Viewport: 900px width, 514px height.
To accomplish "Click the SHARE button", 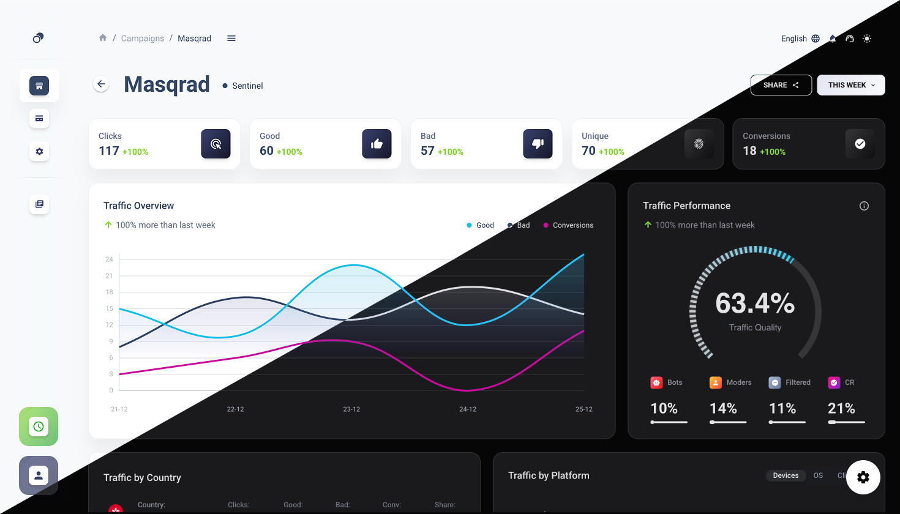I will tap(781, 85).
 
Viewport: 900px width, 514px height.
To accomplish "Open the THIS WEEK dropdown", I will tap(851, 85).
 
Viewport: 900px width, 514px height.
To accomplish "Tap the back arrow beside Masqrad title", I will tap(101, 84).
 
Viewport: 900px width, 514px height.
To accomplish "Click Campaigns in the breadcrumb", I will tap(143, 39).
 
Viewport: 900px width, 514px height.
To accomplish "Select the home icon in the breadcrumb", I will tap(103, 38).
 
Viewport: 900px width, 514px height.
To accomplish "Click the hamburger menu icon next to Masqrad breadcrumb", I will tap(231, 39).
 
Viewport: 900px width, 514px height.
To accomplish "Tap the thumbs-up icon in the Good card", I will tap(377, 144).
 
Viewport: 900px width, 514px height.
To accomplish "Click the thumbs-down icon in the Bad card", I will tap(538, 144).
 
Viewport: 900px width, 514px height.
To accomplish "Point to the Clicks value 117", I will tap(109, 151).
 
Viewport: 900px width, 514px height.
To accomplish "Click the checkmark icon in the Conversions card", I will tap(860, 144).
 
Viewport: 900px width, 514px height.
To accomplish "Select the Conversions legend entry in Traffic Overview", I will tap(568, 225).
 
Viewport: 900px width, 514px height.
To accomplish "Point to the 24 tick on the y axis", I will tap(110, 259).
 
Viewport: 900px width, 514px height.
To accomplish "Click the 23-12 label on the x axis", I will tap(351, 409).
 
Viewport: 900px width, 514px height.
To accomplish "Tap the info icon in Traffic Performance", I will tap(864, 206).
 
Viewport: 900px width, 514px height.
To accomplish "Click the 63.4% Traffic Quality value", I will tap(755, 304).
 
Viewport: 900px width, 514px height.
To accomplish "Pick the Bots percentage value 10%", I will tap(664, 409).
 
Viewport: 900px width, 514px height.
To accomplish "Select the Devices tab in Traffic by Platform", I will tap(786, 475).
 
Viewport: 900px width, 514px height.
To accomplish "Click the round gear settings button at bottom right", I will tap(863, 477).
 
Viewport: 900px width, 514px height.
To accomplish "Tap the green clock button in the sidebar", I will tap(39, 426).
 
